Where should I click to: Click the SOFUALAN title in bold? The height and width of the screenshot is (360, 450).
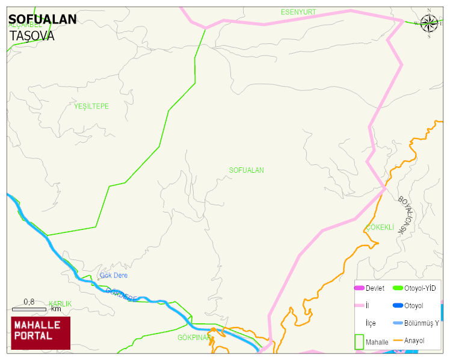pos(43,19)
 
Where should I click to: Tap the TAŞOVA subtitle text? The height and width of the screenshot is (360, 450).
pos(32,36)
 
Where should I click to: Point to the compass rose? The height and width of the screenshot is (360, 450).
pos(429,23)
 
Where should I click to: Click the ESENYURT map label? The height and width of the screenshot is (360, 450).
pos(298,12)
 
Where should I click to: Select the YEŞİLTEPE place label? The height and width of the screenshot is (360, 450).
pos(91,107)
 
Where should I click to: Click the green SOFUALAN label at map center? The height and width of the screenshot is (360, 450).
pos(246,170)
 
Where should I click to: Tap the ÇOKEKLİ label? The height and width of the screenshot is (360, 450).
pos(380,228)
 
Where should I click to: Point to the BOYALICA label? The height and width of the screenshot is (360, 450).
pos(407,214)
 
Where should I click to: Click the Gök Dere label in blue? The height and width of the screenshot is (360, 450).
pos(114,276)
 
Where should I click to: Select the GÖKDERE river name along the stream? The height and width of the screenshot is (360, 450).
pos(122,294)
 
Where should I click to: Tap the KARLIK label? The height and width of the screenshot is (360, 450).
pos(60,304)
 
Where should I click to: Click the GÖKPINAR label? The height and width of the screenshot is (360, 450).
pos(194,338)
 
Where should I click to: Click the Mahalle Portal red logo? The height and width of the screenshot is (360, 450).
pos(40,333)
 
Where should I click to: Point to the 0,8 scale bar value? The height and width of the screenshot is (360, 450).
pos(29,302)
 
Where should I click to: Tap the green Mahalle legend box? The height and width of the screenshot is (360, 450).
pos(359,341)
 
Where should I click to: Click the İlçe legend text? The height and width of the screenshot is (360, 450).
pos(371,323)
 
